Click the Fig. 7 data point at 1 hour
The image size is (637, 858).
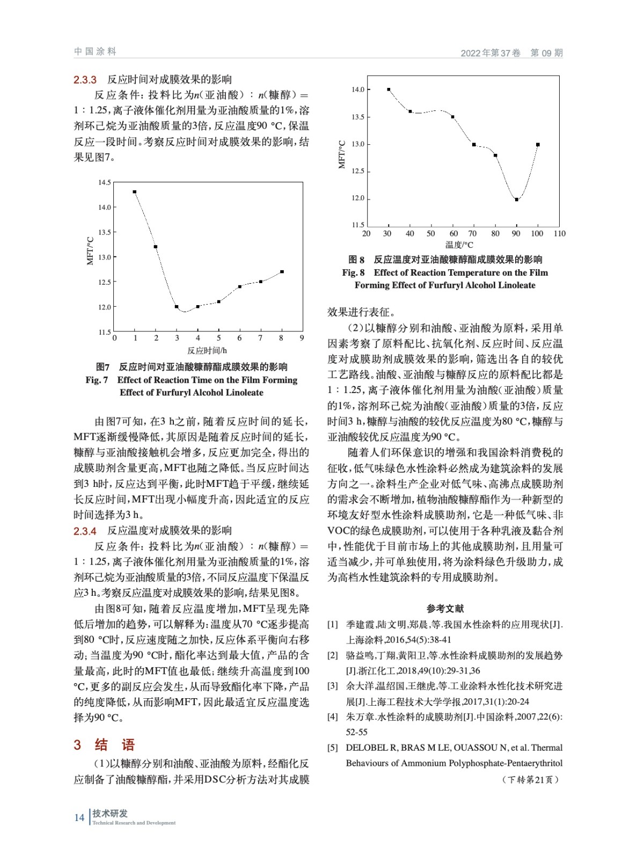pyautogui.click(x=134, y=192)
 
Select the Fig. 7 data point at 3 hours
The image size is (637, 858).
pyautogui.click(x=177, y=307)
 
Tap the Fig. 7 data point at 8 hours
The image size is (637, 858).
pyautogui.click(x=282, y=272)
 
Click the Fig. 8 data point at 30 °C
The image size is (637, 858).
pyautogui.click(x=389, y=90)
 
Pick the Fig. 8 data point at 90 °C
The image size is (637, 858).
pyautogui.click(x=516, y=199)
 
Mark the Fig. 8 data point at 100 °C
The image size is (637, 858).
pyautogui.click(x=538, y=145)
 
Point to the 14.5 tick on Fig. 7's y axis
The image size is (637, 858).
pyautogui.click(x=105, y=182)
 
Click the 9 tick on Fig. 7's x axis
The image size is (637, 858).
pyautogui.click(x=302, y=338)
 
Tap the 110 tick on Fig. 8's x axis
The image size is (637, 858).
pyautogui.click(x=559, y=234)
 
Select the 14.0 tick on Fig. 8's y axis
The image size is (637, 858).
pyautogui.click(x=358, y=90)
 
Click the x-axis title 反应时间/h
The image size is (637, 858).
pyautogui.click(x=207, y=351)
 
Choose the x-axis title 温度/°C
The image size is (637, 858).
pyautogui.click(x=459, y=245)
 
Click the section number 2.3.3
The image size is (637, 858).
pyautogui.click(x=85, y=80)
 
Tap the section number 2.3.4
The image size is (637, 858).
pyautogui.click(x=85, y=531)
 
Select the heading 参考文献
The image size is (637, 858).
pyautogui.click(x=445, y=608)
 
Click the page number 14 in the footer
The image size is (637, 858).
pyautogui.click(x=79, y=817)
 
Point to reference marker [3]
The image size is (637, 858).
pyautogui.click(x=333, y=686)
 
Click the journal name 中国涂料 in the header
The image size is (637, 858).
pyautogui.click(x=95, y=51)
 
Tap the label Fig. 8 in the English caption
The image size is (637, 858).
pyautogui.click(x=353, y=272)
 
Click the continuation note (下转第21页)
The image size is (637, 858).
pyautogui.click(x=531, y=780)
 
